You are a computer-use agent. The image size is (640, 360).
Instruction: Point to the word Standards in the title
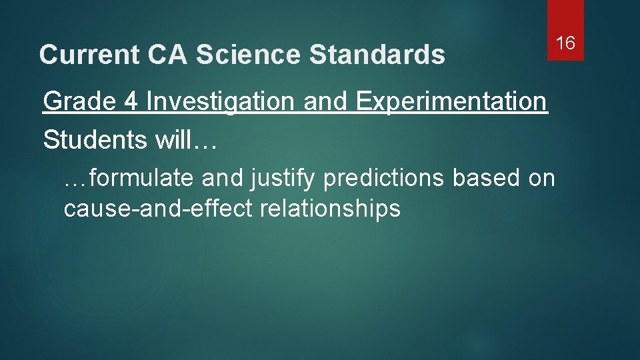[x=377, y=55]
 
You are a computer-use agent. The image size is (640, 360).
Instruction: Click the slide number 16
[x=565, y=44]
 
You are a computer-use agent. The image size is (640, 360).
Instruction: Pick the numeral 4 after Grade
[x=129, y=102]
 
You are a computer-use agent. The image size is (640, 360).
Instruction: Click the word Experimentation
[x=452, y=102]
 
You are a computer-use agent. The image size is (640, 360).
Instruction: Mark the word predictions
[x=383, y=178]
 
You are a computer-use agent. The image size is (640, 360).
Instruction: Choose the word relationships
[x=330, y=209]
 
